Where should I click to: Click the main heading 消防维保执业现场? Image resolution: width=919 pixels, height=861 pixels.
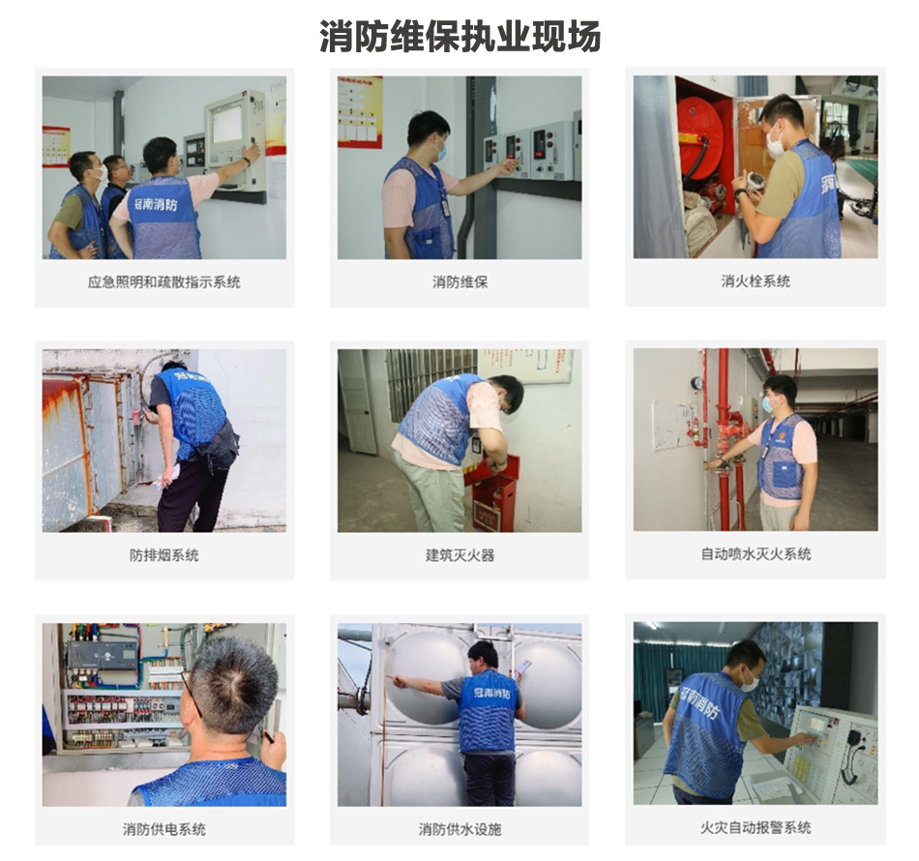[459, 36]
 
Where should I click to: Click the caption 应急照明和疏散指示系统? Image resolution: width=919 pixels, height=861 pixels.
[163, 282]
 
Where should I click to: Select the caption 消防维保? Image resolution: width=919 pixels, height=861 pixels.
[459, 282]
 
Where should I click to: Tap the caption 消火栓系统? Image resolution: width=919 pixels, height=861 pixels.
[755, 281]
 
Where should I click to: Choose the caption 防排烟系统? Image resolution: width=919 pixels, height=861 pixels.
[163, 555]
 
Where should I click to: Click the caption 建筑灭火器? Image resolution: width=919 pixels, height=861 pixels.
[459, 555]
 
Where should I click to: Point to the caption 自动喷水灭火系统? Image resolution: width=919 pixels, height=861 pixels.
[756, 554]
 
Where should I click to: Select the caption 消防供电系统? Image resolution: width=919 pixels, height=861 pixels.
[163, 829]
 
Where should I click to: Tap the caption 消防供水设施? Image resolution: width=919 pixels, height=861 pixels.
[459, 829]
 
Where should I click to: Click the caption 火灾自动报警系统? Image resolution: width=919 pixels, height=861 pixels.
[756, 828]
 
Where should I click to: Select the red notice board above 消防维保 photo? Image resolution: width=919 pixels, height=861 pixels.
[360, 110]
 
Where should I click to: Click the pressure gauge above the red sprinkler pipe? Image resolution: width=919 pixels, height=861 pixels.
[697, 383]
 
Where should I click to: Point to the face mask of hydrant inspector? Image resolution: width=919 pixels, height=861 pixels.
[776, 146]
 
